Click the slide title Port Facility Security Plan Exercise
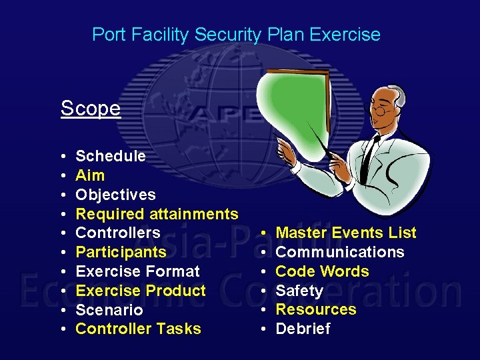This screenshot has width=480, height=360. pyautogui.click(x=236, y=35)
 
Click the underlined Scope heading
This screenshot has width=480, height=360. pyautogui.click(x=91, y=108)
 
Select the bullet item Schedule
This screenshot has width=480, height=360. pyautogui.click(x=111, y=156)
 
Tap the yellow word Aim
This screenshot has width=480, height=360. pyautogui.click(x=90, y=175)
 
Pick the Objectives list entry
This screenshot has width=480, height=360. pyautogui.click(x=115, y=195)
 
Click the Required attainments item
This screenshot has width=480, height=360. pyautogui.click(x=157, y=214)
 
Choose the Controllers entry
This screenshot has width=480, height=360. pyautogui.click(x=118, y=233)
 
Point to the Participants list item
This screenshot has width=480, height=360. pyautogui.click(x=121, y=252)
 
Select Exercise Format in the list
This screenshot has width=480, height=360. pyautogui.click(x=137, y=271)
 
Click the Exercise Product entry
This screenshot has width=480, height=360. pyautogui.click(x=141, y=291)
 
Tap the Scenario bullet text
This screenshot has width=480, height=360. pyautogui.click(x=109, y=310)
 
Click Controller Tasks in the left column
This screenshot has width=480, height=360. pyautogui.click(x=138, y=329)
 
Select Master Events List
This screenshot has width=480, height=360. pyautogui.click(x=345, y=233)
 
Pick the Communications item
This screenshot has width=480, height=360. pyautogui.click(x=339, y=252)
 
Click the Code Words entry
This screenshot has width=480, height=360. pyautogui.click(x=322, y=271)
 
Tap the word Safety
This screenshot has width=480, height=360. pyautogui.click(x=299, y=291)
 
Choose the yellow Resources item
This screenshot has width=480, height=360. pyautogui.click(x=316, y=309)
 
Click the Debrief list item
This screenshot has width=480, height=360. pyautogui.click(x=303, y=329)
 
